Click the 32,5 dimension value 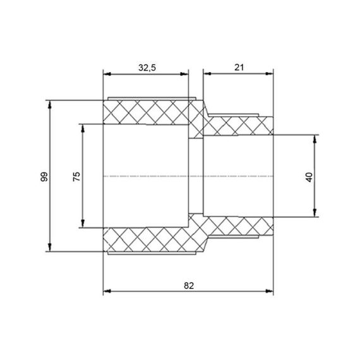147,68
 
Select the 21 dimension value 239,68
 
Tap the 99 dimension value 44,177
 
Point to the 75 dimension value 76,176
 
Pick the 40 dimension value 309,177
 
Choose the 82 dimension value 189,285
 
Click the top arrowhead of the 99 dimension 50,104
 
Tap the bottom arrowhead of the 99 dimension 50,248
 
